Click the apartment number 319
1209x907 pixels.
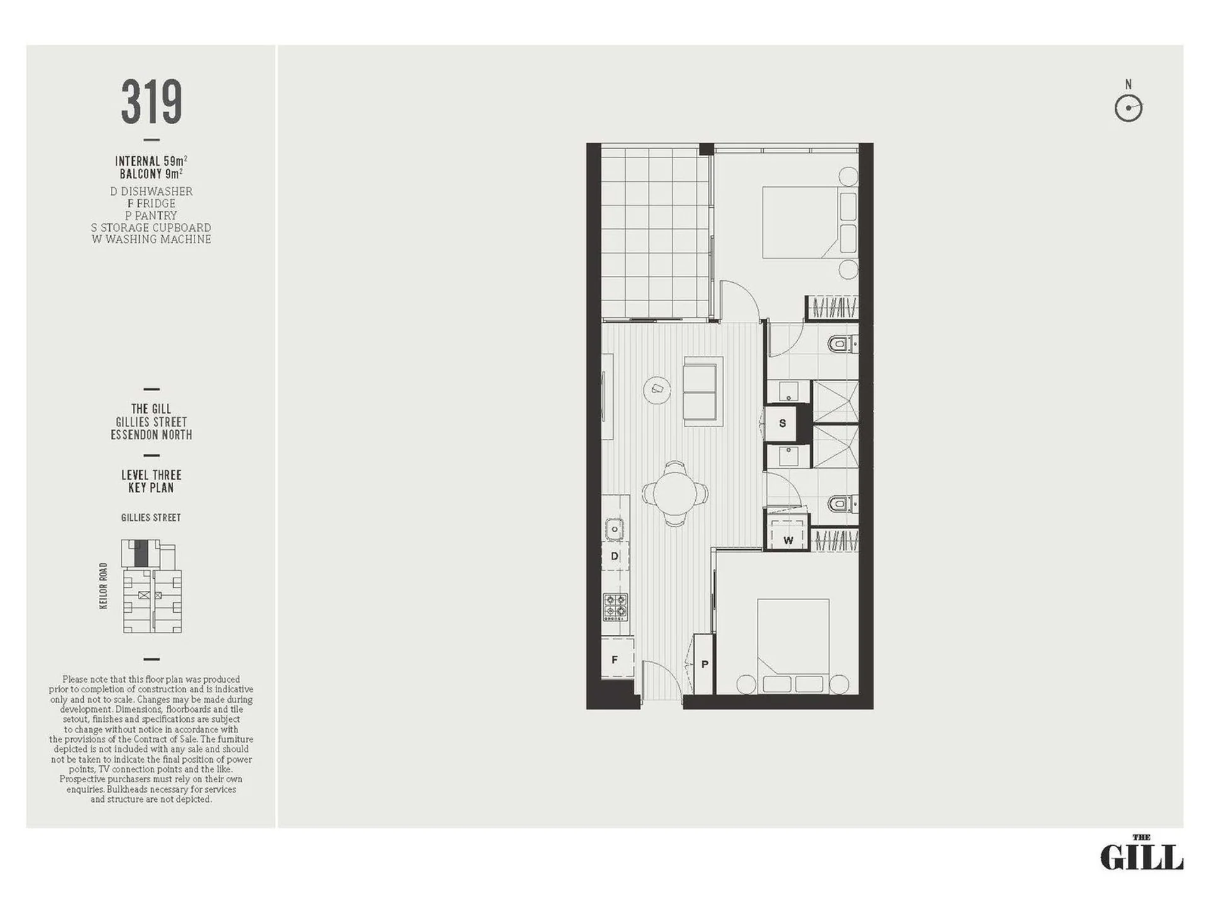(x=151, y=101)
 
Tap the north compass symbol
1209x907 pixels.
(x=1128, y=108)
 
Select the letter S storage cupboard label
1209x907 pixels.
(x=782, y=423)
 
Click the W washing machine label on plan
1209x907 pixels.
(x=788, y=540)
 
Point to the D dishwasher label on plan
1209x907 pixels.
(x=615, y=556)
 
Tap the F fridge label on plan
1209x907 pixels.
(x=615, y=659)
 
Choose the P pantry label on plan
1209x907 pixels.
(x=705, y=664)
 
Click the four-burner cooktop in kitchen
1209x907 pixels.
(x=615, y=607)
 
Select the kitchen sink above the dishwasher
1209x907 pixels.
(x=615, y=529)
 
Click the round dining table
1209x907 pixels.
(x=674, y=493)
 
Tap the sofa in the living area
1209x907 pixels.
(x=703, y=391)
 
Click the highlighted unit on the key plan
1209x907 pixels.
(x=142, y=552)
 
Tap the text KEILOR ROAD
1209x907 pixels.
(x=103, y=586)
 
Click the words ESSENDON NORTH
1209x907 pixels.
(x=151, y=435)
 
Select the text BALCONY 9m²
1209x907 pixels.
(x=151, y=173)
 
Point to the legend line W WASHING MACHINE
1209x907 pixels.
(x=151, y=239)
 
